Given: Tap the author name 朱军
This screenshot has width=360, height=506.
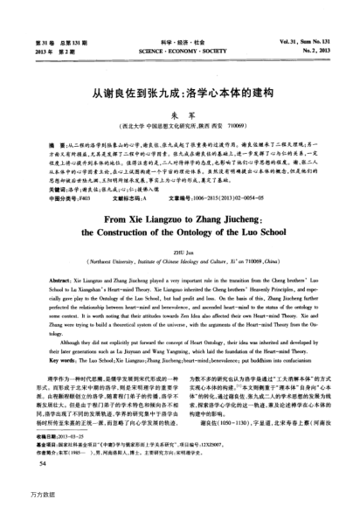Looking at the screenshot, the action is (x=180, y=113).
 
